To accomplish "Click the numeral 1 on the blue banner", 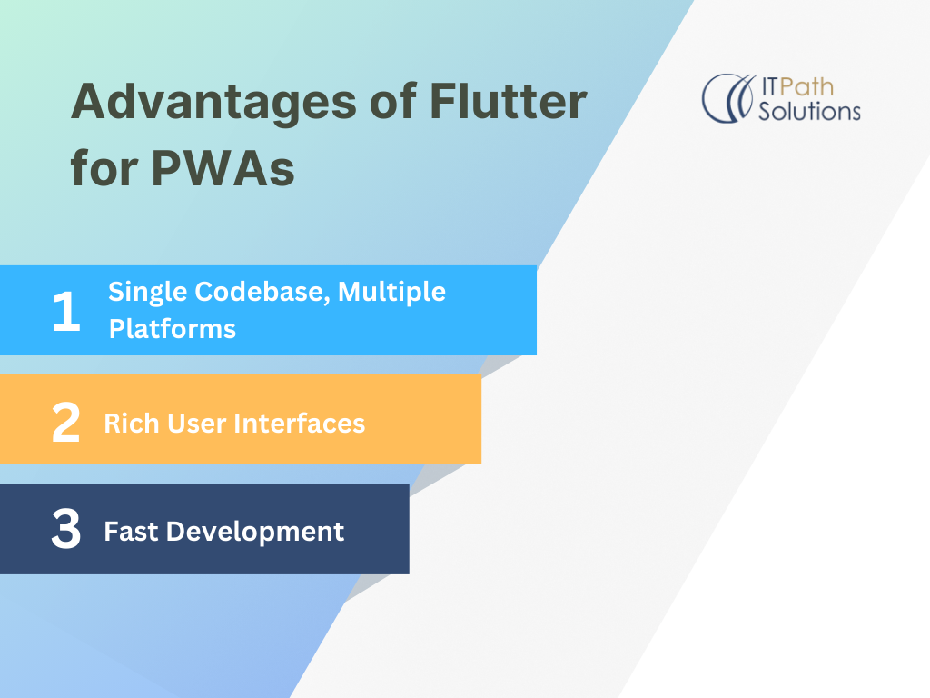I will (66, 311).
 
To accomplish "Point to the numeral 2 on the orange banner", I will (65, 424).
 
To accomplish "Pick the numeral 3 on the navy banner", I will (65, 530).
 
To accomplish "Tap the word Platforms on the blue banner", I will (173, 328).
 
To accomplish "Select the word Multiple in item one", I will (392, 293).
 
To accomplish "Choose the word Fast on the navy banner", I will (130, 531).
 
